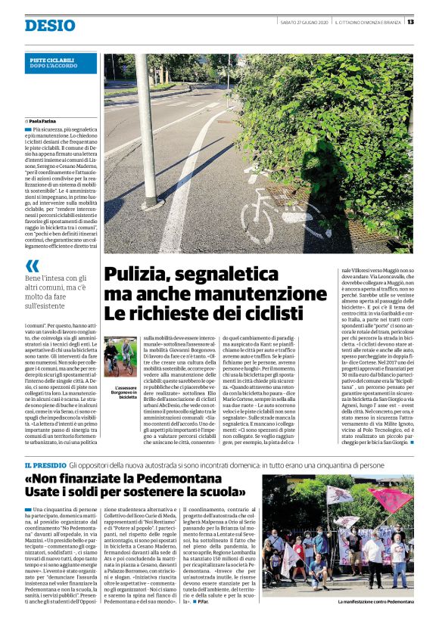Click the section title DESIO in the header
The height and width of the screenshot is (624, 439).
tap(49, 25)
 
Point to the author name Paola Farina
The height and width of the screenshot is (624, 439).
tap(45, 120)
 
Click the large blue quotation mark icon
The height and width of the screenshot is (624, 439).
tap(31, 265)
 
